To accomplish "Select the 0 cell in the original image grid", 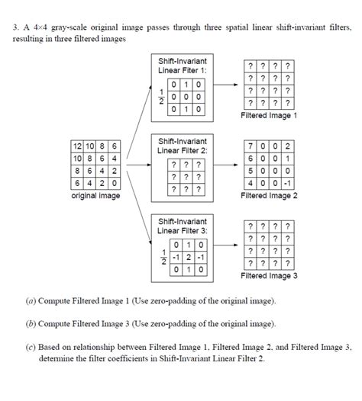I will (114, 183).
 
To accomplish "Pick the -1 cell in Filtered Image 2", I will (286, 183).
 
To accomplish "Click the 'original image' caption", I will (95, 195).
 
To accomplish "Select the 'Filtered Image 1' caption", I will (269, 116).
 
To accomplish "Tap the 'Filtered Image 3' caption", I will (269, 275).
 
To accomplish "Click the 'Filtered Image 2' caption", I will (269, 195).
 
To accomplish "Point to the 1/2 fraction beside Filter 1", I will (160, 98).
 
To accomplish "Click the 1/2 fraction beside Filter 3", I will (160, 257).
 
